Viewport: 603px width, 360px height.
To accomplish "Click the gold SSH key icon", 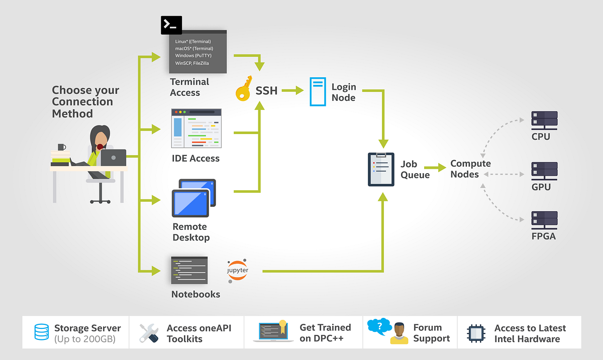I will point(244,90).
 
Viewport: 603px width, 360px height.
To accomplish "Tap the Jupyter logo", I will point(238,270).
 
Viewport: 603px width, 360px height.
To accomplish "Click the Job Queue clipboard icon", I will point(381,169).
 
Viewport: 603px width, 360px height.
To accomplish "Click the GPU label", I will point(541,187).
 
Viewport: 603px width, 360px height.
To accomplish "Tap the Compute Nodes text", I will point(470,169).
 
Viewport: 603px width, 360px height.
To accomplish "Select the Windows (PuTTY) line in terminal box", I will point(192,55).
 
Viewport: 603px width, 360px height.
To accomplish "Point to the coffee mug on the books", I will point(61,148).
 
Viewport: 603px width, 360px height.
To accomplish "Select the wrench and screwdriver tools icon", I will point(149,332).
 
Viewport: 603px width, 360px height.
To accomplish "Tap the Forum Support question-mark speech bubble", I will point(380,327).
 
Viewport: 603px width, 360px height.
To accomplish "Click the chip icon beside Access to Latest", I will point(475,333).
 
